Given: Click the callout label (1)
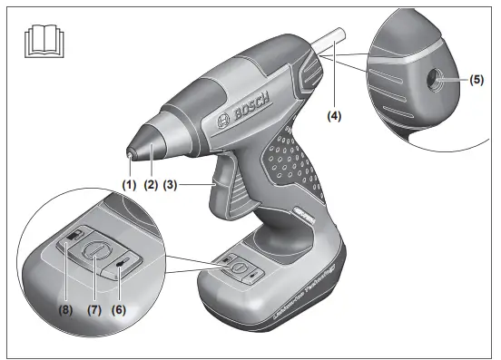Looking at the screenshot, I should tap(130, 184).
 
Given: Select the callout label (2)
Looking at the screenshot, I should tap(151, 184).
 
